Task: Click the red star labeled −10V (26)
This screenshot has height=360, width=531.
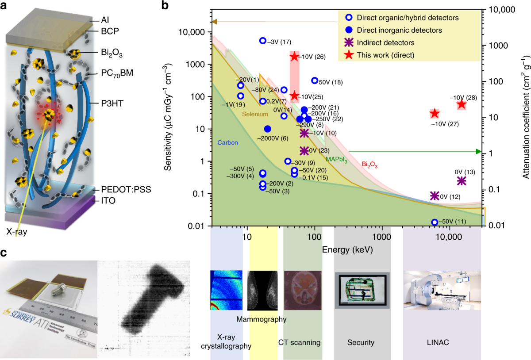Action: (294, 57)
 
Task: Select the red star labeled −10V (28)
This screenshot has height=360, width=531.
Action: (462, 104)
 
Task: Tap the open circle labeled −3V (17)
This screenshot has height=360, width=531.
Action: (262, 41)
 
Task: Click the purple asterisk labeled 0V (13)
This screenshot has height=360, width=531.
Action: (462, 181)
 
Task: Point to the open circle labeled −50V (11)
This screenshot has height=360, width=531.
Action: (435, 222)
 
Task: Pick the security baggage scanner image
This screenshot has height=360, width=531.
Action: (362, 290)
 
